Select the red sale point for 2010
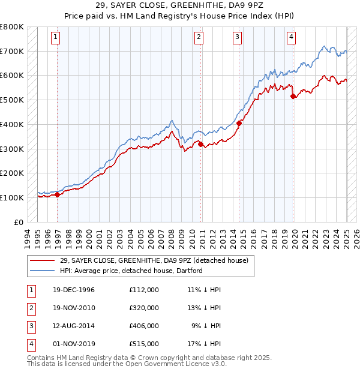click(200, 144)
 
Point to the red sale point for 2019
click(293, 96)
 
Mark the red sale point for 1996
click(58, 194)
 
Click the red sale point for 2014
click(239, 123)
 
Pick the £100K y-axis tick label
click(12, 197)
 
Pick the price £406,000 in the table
click(144, 326)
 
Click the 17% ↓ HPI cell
click(203, 344)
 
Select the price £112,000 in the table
click(144, 290)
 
